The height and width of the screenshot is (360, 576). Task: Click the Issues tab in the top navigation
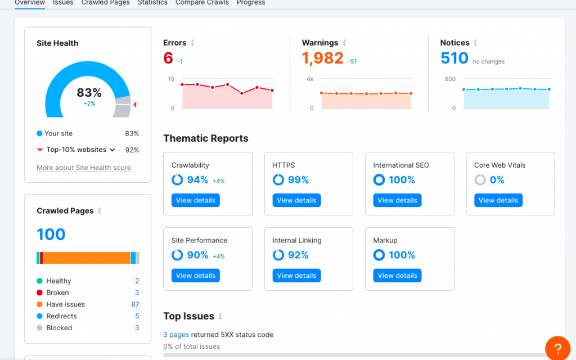(63, 3)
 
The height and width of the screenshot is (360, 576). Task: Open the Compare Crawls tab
(202, 3)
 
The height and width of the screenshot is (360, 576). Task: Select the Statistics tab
(152, 3)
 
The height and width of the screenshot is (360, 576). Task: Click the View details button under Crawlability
(195, 200)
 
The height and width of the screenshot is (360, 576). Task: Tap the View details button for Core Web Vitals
(498, 200)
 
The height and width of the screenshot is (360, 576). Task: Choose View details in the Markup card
(397, 276)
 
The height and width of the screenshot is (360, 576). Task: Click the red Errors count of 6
(168, 58)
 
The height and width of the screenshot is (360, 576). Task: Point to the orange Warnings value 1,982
(322, 58)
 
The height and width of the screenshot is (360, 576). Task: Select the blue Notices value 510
(454, 58)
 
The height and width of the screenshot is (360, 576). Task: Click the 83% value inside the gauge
(89, 93)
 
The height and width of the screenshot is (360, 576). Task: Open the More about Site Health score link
(84, 168)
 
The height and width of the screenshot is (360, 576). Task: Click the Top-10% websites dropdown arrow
(112, 150)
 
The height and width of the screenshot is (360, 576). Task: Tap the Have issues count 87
(135, 304)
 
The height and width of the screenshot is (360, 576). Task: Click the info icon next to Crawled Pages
(100, 211)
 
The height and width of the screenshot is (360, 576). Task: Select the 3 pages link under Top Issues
(176, 335)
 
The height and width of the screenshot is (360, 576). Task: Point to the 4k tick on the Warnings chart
(310, 79)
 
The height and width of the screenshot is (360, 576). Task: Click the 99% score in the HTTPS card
(298, 180)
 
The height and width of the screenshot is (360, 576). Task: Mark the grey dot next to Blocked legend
(39, 328)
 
